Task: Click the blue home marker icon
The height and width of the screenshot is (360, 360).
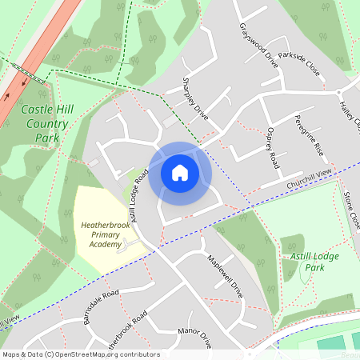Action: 179,173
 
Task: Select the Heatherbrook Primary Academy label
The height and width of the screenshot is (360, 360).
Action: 112,234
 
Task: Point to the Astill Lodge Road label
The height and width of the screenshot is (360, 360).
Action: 142,194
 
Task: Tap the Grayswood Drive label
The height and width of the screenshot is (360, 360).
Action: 258,45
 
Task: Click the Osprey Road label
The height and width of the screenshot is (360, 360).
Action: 274,147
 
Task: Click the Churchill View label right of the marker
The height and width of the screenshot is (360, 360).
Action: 309,180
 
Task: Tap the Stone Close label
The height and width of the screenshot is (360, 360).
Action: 351,210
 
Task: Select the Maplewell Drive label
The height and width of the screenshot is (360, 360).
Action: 225,277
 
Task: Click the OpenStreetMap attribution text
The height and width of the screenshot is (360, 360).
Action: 80,354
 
